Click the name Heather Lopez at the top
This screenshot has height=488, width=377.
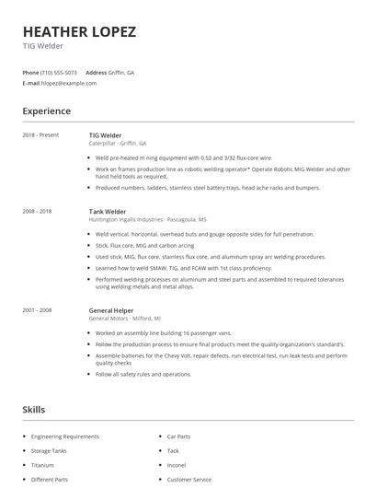(x=79, y=31)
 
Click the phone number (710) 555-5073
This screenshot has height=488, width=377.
(x=60, y=72)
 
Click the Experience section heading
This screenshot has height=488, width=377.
(x=46, y=111)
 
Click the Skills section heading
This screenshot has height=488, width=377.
(x=34, y=409)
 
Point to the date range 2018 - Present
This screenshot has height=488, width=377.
(x=40, y=135)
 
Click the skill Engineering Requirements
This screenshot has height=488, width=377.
(x=64, y=436)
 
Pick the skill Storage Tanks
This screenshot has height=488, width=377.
(x=49, y=450)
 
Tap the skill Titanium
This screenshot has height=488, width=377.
(x=42, y=465)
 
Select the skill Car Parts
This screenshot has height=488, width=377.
(x=178, y=436)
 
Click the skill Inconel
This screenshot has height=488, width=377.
(x=176, y=465)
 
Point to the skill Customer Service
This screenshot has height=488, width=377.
(x=188, y=480)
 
